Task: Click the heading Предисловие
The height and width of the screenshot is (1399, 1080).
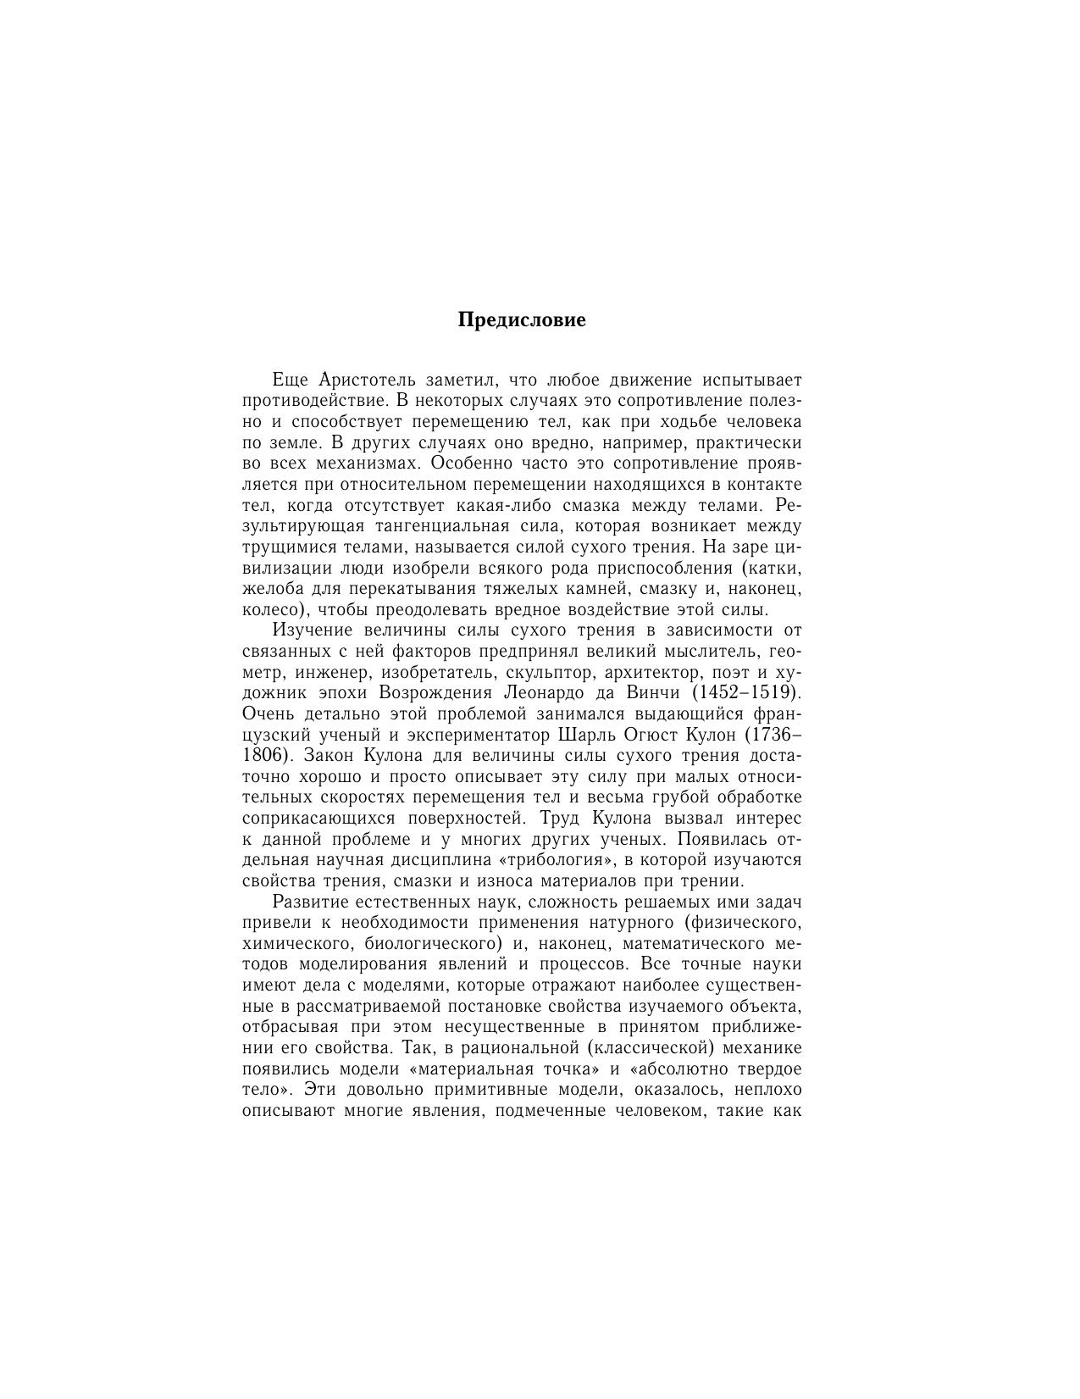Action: (x=522, y=320)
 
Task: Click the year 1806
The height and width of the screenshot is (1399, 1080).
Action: (x=262, y=755)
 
